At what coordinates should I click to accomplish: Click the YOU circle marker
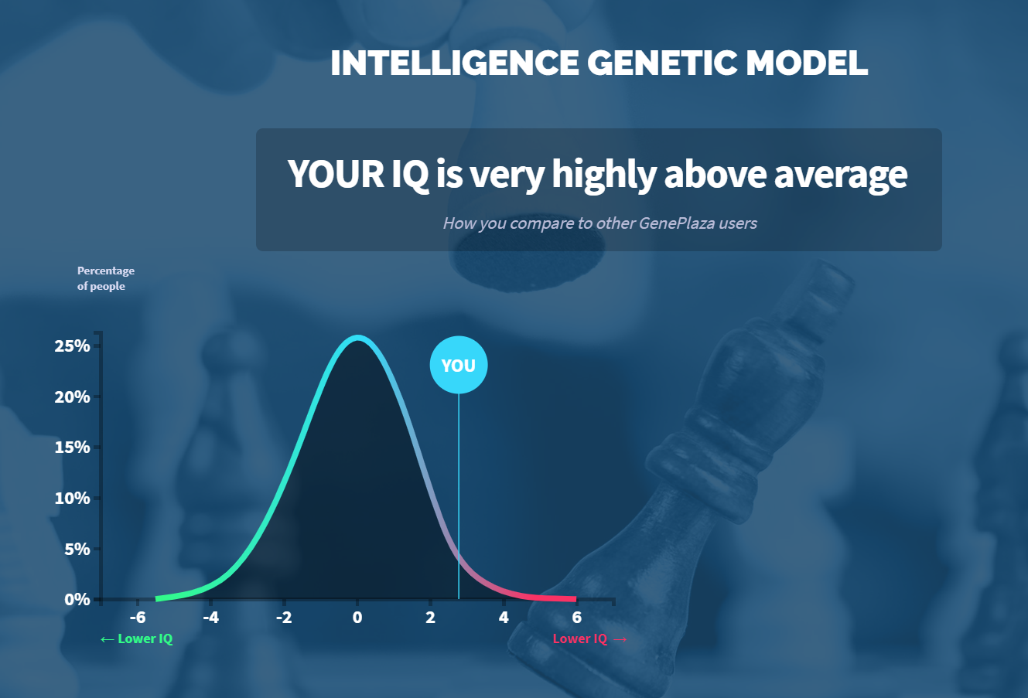click(459, 365)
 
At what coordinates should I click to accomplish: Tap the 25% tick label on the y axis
click(72, 346)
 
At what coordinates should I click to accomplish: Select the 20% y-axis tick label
click(72, 397)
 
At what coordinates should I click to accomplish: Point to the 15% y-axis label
click(72, 447)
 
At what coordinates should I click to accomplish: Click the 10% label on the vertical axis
click(72, 498)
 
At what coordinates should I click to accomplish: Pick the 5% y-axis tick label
click(77, 549)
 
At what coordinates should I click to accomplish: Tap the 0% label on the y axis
click(77, 599)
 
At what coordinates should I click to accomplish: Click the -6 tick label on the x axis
click(138, 618)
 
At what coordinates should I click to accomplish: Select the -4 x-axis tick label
click(210, 618)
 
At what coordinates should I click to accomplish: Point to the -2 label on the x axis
click(284, 618)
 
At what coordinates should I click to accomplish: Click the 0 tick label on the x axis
click(357, 618)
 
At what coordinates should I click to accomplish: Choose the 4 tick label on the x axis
click(504, 618)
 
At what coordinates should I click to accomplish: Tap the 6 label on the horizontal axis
click(576, 618)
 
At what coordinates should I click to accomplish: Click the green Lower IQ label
click(136, 638)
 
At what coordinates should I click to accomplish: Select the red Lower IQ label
click(589, 638)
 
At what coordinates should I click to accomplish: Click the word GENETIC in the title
click(662, 63)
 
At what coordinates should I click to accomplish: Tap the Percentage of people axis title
click(105, 278)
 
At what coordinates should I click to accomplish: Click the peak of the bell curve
click(357, 338)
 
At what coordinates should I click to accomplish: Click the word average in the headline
click(841, 174)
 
